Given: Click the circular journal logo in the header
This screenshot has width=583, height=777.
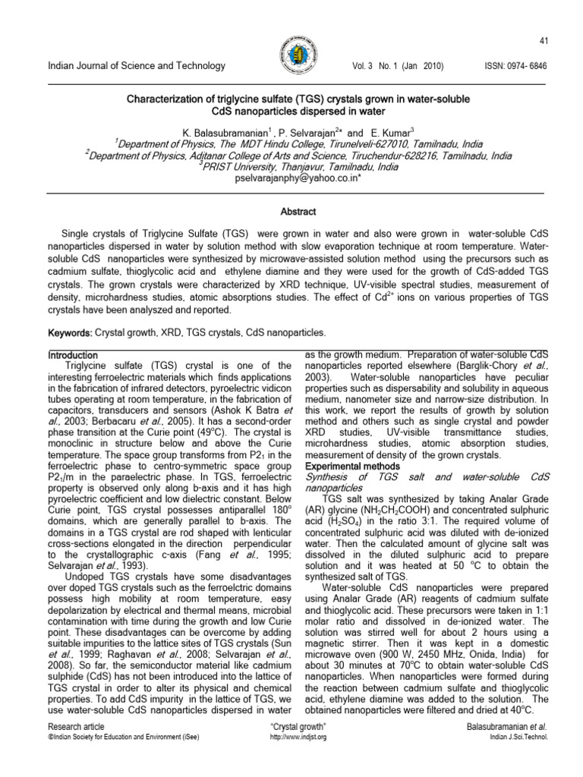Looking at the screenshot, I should tap(291, 56).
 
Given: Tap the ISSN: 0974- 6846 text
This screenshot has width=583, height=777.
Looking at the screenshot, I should tap(515, 67).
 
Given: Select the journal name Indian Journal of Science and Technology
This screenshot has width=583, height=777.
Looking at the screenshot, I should tap(137, 67).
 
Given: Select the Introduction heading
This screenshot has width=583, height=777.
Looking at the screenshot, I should tap(73, 355).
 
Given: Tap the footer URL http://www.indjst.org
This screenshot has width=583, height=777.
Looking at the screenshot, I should tap(292, 738).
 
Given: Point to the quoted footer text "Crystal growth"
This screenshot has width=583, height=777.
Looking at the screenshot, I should tap(292, 727).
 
